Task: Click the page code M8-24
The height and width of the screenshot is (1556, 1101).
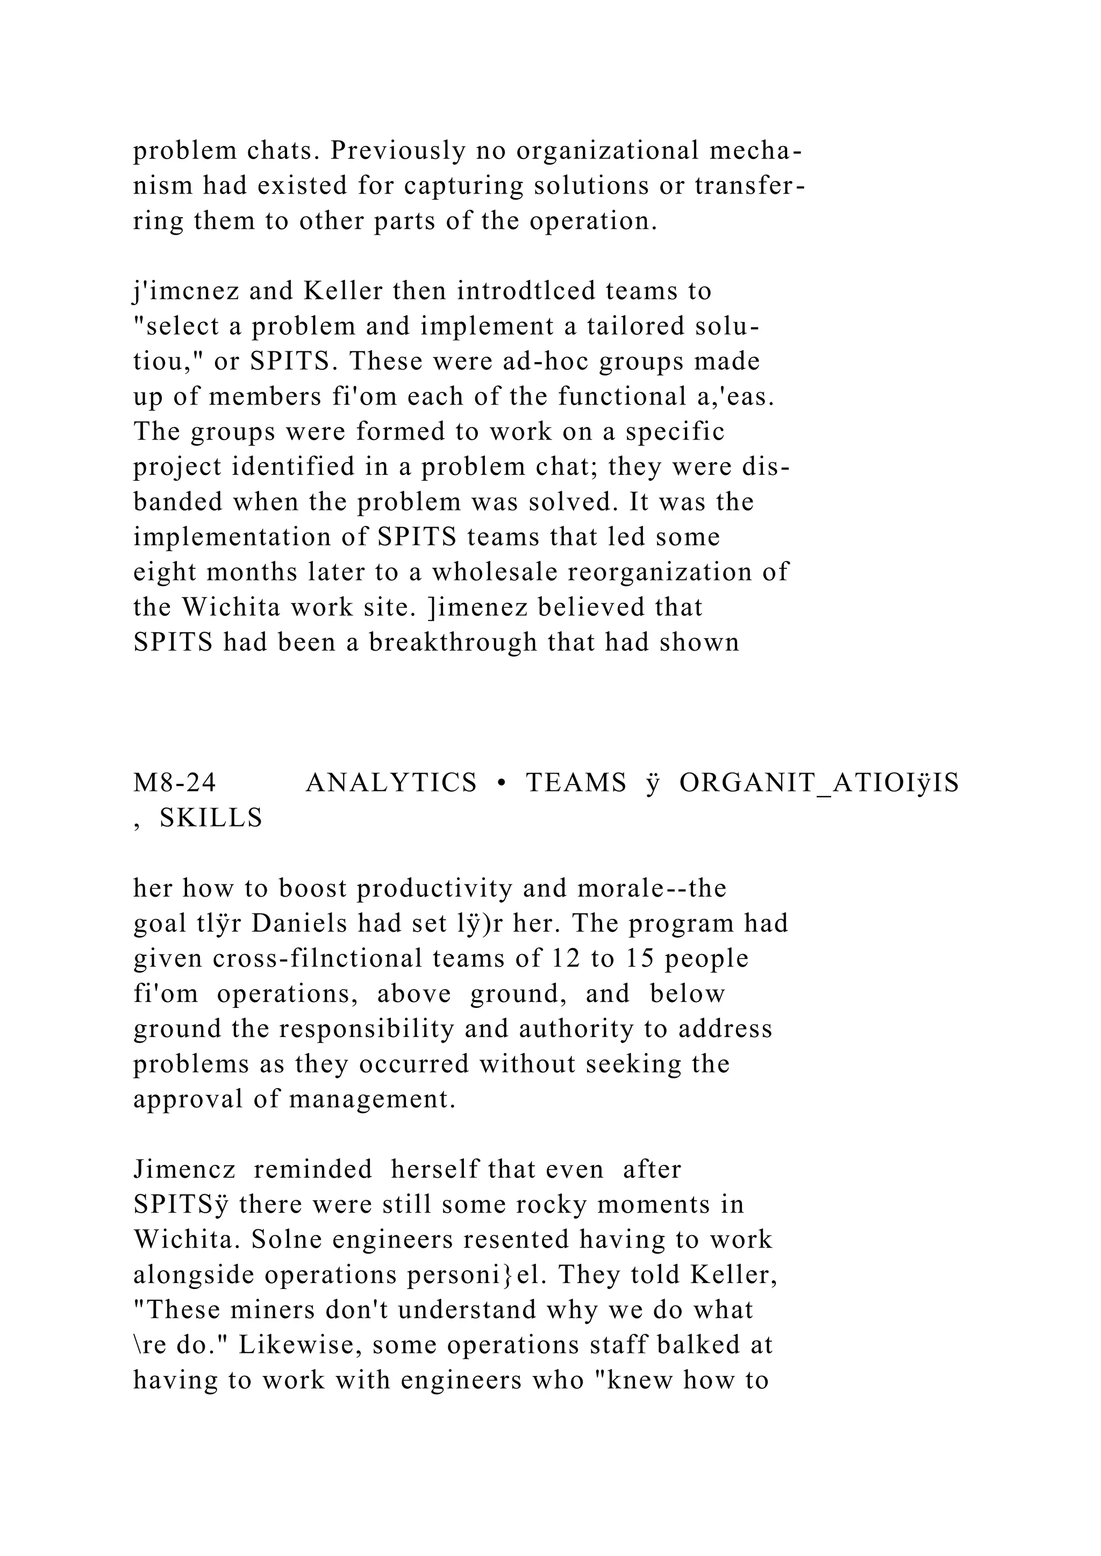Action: [175, 783]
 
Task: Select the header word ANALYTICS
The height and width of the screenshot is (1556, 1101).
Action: [391, 783]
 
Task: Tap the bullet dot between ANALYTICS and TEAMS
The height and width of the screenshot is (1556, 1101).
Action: [502, 783]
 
